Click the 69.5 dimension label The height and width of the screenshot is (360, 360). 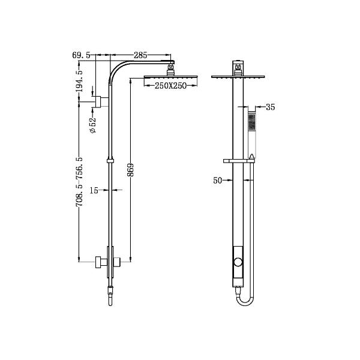click(81, 55)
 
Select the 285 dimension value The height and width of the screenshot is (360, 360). click(140, 55)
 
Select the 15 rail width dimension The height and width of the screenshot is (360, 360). click(94, 190)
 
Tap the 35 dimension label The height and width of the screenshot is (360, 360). click(269, 108)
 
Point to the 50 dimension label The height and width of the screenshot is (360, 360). click(218, 179)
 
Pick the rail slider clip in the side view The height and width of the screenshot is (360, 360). click(109, 160)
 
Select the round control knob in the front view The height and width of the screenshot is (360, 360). click(239, 262)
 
